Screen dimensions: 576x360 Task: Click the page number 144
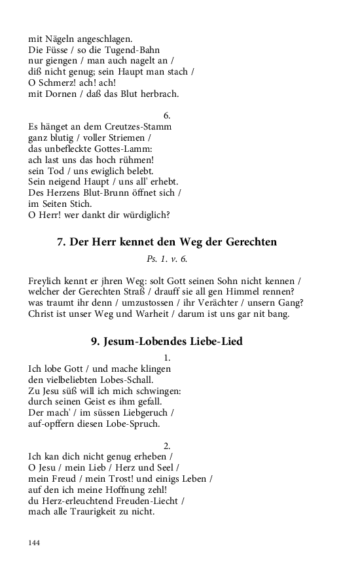pos(35,543)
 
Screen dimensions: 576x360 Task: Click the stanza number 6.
pos(167,115)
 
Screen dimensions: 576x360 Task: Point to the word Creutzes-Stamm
pos(139,126)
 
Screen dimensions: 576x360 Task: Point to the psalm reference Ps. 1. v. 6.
pos(167,259)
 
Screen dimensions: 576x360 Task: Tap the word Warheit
pos(134,314)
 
